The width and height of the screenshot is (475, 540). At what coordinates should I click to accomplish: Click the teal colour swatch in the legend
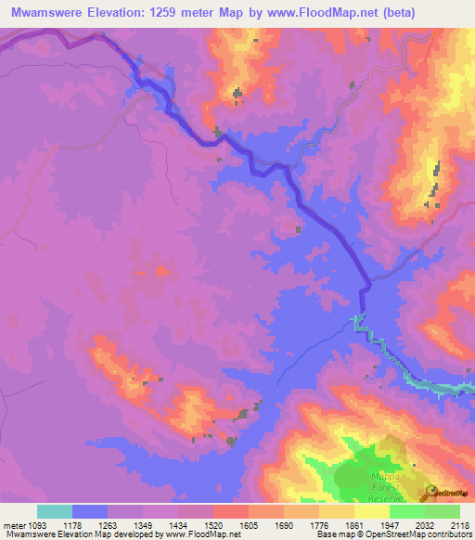coord(55,511)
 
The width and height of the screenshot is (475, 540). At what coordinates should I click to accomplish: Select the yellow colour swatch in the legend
coord(372,511)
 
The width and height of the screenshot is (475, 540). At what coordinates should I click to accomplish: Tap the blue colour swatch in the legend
coord(90,511)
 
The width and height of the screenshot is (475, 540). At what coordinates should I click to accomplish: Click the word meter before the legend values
coord(16,524)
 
